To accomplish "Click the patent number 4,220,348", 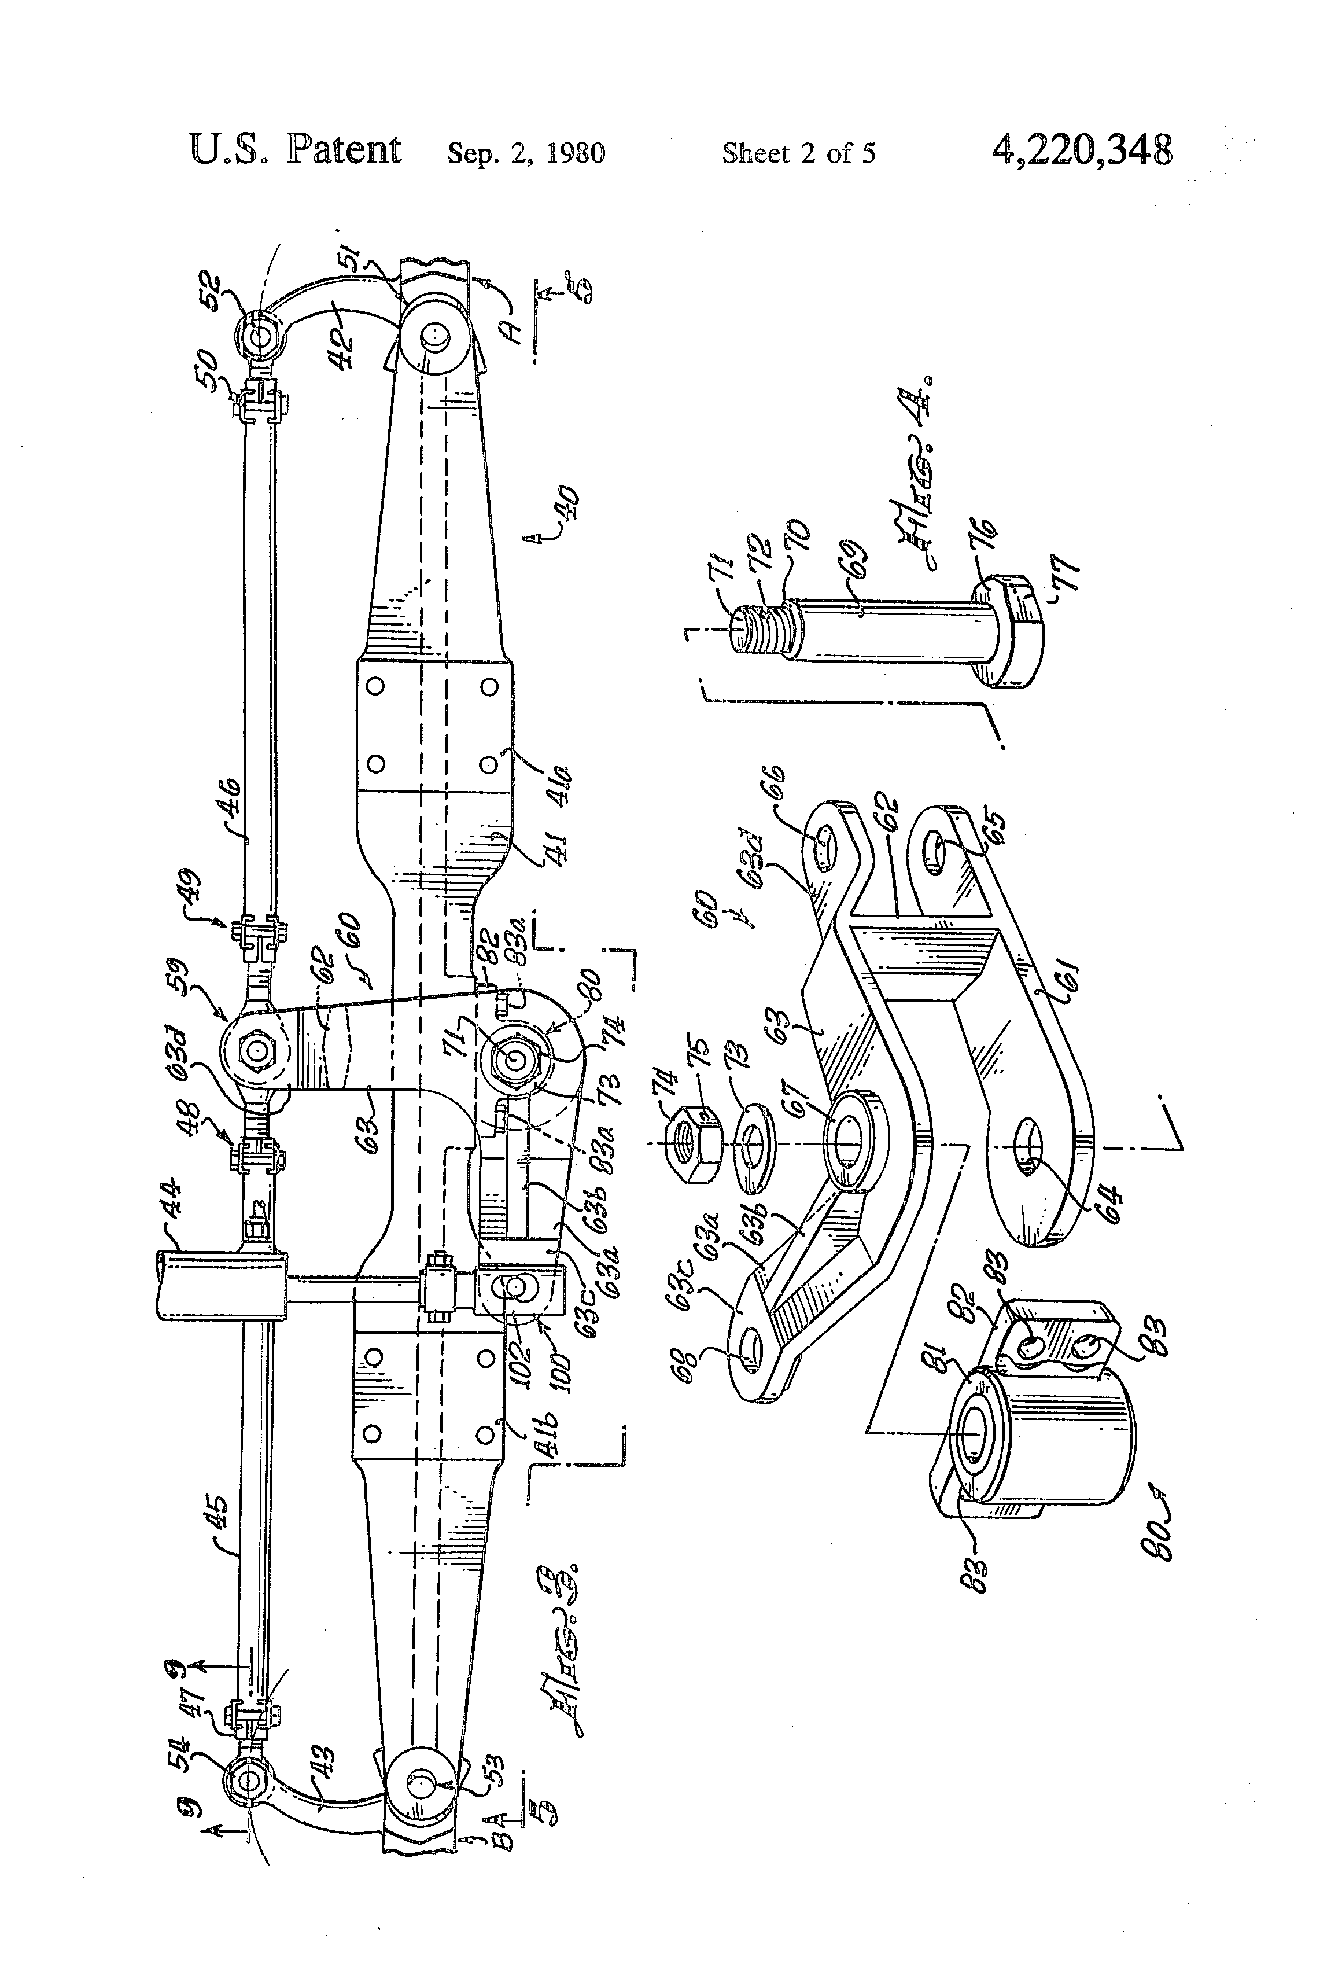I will point(1082,151).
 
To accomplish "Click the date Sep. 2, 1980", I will point(526,153).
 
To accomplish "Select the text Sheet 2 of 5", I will point(798,153).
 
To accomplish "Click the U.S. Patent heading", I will point(295,150).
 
